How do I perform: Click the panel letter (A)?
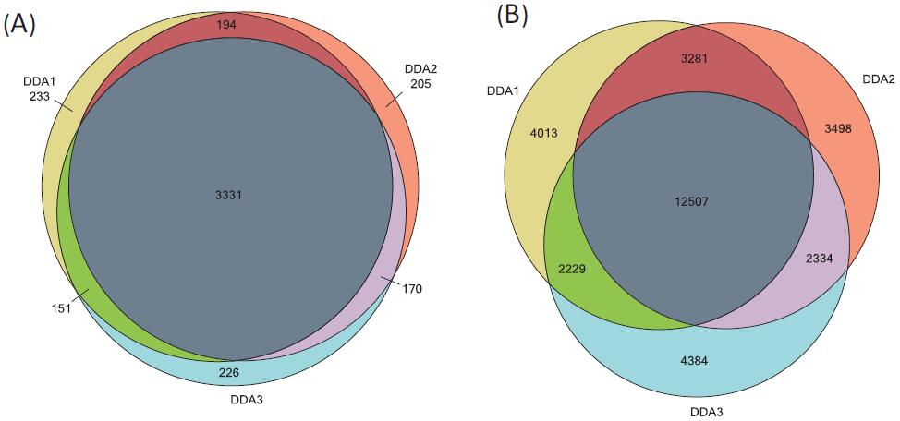pos(19,25)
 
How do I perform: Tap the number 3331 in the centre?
pos(227,195)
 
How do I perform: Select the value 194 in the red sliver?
pos(227,25)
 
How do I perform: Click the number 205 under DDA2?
pos(420,83)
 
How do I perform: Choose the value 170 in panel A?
pos(412,289)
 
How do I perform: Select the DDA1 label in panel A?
pos(38,81)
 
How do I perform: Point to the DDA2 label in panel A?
pos(420,69)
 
